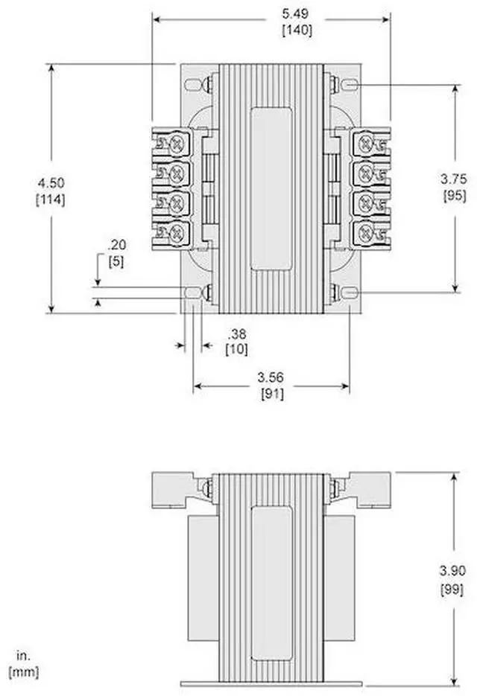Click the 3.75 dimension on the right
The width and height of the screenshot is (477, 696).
click(x=453, y=179)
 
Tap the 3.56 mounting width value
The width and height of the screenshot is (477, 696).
click(x=271, y=379)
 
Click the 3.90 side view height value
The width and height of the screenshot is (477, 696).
click(x=453, y=570)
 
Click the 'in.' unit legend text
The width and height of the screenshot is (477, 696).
click(x=22, y=657)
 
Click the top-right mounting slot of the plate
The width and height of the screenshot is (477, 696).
click(x=350, y=86)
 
